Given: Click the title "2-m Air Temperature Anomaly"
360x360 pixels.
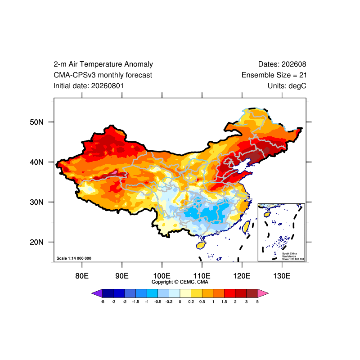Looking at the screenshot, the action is pos(103,64).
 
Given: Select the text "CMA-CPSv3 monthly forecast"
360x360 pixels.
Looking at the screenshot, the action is pos(103,75).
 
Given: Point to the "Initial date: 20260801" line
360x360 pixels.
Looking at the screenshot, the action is pos(88,86).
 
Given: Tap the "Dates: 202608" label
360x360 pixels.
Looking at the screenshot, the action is pos(282,64).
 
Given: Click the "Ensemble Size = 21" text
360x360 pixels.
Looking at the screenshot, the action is pos(274,75).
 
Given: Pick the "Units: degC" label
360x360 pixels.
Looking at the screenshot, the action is pos(287,86).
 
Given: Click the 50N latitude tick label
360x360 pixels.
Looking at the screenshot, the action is pos(36,122).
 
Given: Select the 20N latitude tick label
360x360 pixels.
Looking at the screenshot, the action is pos(36,242).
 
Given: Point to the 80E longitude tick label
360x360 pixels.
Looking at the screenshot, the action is pos(82,275).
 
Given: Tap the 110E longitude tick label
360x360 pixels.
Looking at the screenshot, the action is pos(202,275).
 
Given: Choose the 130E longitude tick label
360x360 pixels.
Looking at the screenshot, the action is pos(282,275).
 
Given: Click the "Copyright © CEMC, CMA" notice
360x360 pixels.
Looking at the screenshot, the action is pos(180,282).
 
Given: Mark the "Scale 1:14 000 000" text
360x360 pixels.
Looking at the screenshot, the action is pos(74,258).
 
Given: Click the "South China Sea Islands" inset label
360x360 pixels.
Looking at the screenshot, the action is pos(289,255).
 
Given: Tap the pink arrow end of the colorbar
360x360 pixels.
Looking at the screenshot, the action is pos(263,293).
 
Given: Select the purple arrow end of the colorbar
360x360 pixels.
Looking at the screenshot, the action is pos(97,293).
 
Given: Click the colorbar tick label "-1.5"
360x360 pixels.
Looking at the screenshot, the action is pos(136,301).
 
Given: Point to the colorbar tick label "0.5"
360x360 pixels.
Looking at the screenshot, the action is pos(202,301).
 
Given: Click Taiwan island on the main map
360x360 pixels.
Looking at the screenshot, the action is pos(246,227).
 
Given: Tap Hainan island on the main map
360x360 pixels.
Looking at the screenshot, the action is pos(201,245).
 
